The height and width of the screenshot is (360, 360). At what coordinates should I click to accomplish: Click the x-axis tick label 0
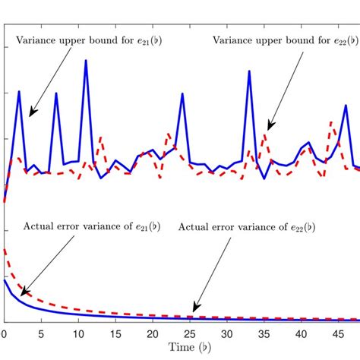tap(4, 333)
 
